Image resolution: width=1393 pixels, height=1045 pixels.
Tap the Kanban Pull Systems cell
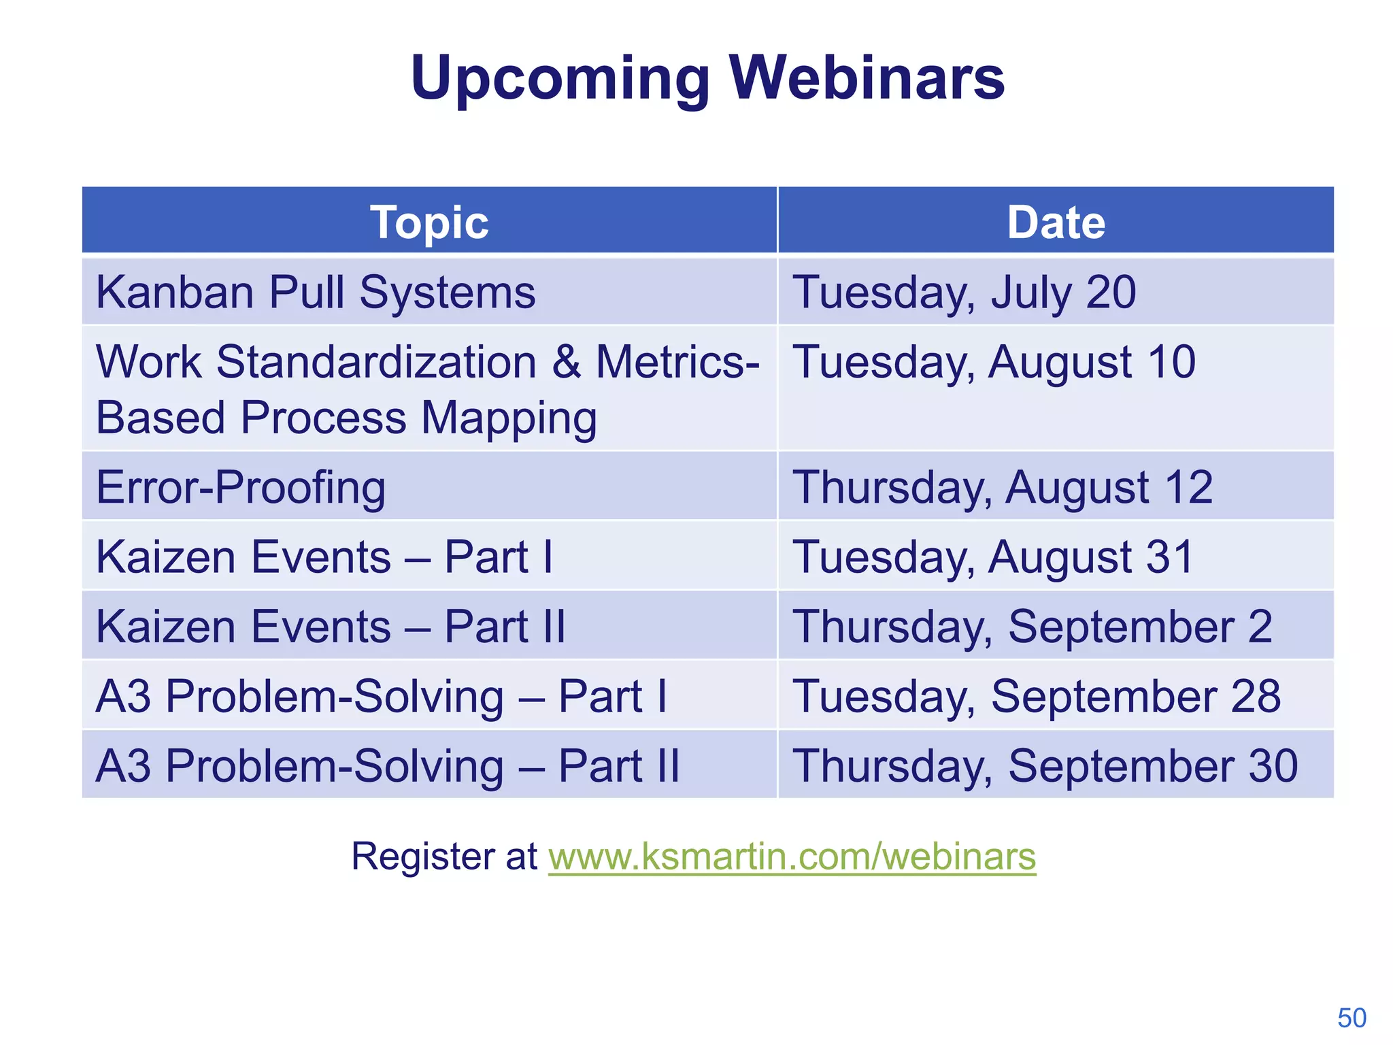pyautogui.click(x=316, y=293)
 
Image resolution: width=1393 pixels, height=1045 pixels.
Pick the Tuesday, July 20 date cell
pyautogui.click(x=964, y=293)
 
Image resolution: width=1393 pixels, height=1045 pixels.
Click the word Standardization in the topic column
pyautogui.click(x=376, y=361)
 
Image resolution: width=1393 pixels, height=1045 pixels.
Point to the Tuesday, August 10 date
pyautogui.click(x=994, y=361)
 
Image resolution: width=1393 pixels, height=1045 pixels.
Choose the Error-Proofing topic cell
pyautogui.click(x=241, y=487)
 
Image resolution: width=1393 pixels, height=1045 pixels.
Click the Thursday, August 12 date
pyautogui.click(x=1003, y=487)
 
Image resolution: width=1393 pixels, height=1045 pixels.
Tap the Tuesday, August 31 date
pyautogui.click(x=993, y=557)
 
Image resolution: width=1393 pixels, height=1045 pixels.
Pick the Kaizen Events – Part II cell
pyautogui.click(x=331, y=627)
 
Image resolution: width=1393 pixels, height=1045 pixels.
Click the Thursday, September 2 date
pyautogui.click(x=1032, y=627)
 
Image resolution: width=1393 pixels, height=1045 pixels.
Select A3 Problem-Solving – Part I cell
pyautogui.click(x=381, y=697)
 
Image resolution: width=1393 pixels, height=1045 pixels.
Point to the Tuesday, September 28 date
pyautogui.click(x=1037, y=697)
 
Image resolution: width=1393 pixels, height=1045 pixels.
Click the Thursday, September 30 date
pyautogui.click(x=1045, y=766)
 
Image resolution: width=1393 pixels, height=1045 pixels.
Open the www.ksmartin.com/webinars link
pyautogui.click(x=792, y=856)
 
